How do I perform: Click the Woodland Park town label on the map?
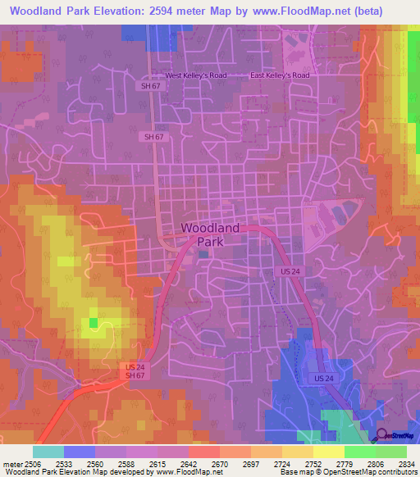pyautogui.click(x=210, y=234)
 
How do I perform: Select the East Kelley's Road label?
pyautogui.click(x=280, y=75)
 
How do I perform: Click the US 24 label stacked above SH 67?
pyautogui.click(x=135, y=366)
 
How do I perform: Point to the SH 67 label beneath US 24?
pyautogui.click(x=135, y=375)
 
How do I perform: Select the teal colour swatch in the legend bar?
pyautogui.click(x=48, y=452)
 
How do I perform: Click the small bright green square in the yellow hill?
pyautogui.click(x=94, y=322)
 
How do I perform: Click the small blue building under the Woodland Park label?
pyautogui.click(x=203, y=254)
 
